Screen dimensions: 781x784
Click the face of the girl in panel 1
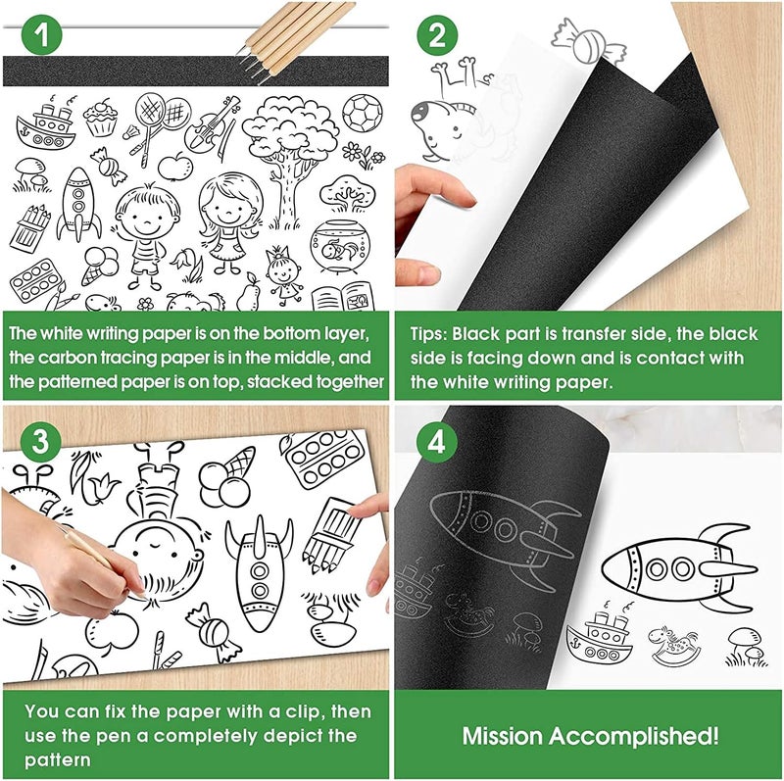pyautogui.click(x=224, y=205)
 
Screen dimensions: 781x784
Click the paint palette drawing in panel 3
pyautogui.click(x=321, y=459)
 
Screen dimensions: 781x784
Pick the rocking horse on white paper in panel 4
pyautogui.click(x=679, y=645)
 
